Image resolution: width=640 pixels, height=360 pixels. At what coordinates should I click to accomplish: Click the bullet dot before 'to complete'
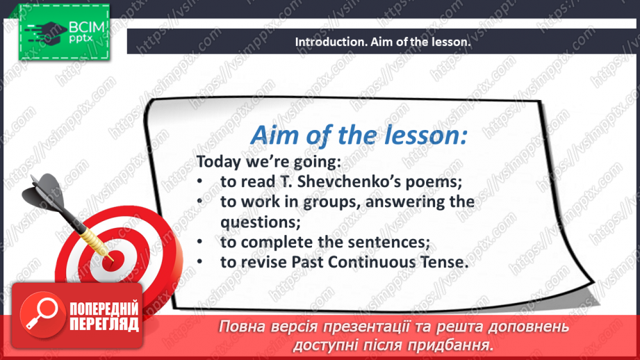(199, 243)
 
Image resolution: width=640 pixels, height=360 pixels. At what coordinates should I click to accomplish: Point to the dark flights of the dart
(46, 191)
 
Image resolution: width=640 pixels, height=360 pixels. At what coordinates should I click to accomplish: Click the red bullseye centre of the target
(113, 256)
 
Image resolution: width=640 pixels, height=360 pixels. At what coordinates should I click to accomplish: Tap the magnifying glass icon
(40, 313)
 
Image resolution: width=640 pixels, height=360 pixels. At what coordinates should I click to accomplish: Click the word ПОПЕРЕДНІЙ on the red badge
(104, 309)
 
